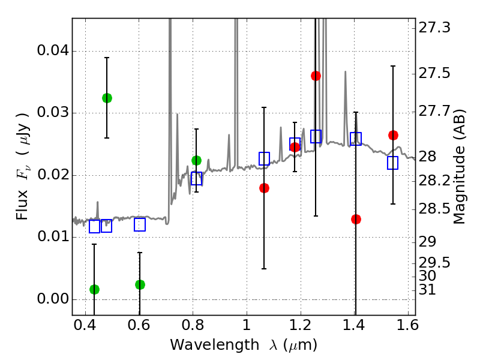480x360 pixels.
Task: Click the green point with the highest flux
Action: [107, 98]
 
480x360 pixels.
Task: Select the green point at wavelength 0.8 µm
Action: [196, 160]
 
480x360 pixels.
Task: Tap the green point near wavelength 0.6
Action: [140, 284]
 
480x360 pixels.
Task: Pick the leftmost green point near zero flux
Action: [94, 289]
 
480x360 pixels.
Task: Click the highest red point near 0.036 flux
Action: [316, 76]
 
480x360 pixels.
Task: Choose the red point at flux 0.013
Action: [356, 219]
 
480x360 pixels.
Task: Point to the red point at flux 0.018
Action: [264, 188]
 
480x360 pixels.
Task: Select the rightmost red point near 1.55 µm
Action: [393, 135]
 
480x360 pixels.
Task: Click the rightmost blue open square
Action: [393, 163]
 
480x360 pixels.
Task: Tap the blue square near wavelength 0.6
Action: [140, 224]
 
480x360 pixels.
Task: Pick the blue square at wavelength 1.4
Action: [356, 139]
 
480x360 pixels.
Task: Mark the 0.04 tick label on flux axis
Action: [52, 51]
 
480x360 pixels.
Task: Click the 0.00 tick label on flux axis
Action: [52, 299]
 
